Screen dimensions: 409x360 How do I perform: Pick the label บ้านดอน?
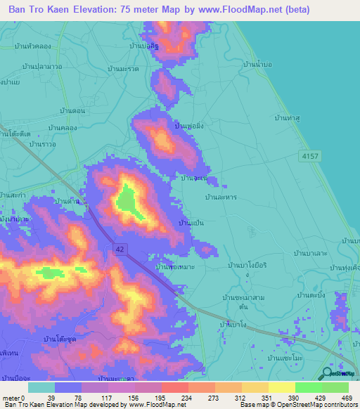[x=72, y=111]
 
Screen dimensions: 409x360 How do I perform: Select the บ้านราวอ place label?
[x=42, y=143]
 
